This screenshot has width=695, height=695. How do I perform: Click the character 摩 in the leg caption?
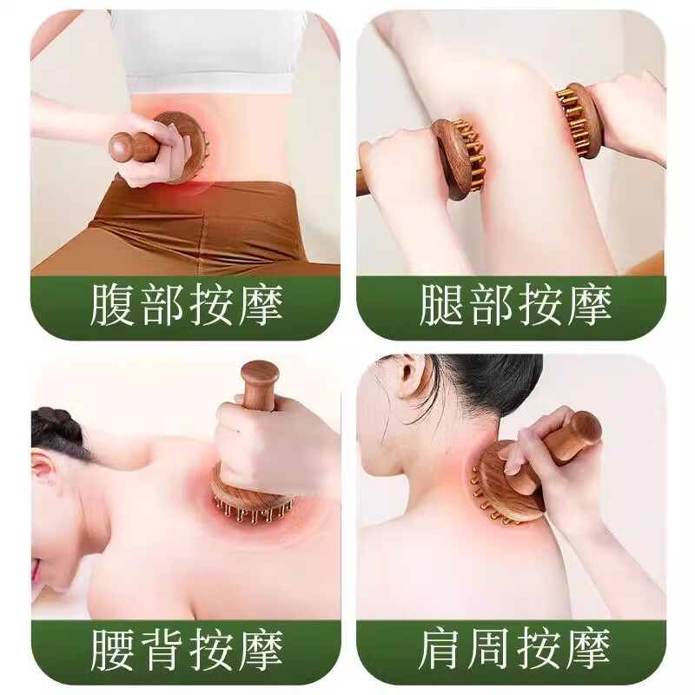[590, 307]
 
